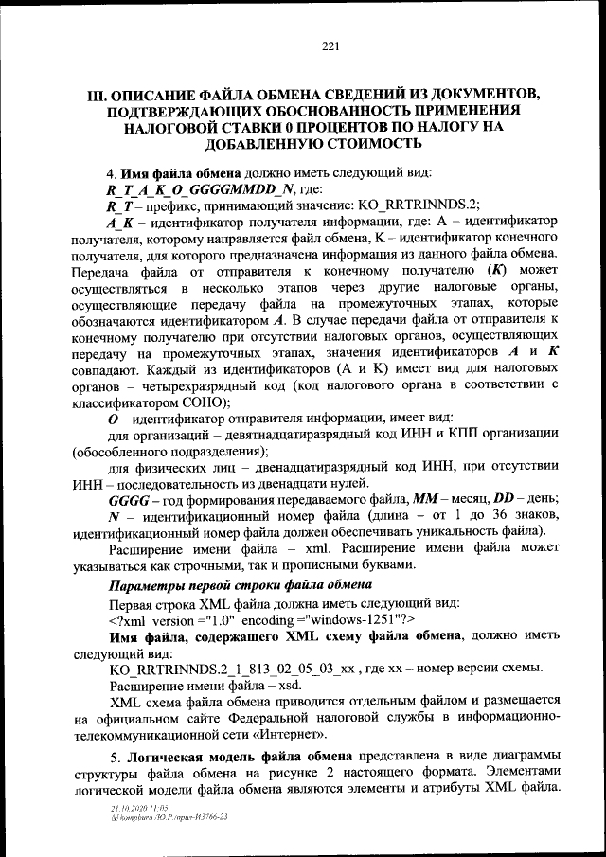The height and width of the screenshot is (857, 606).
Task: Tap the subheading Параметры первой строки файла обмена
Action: (x=241, y=585)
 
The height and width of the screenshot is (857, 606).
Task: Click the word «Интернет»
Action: (x=289, y=734)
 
